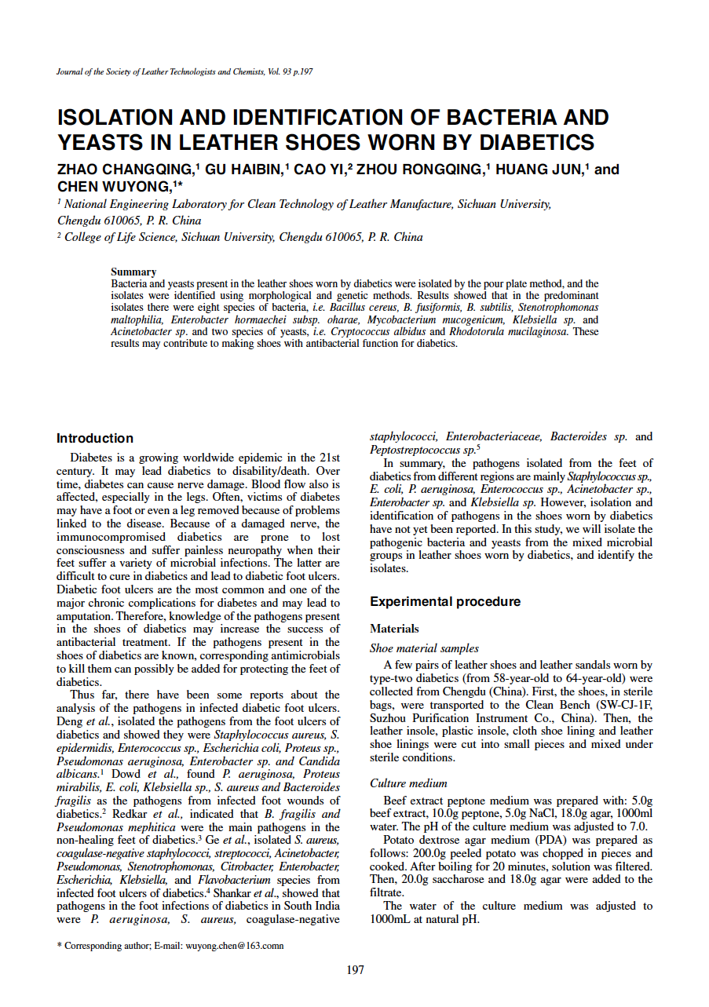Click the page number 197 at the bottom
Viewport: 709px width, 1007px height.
point(355,971)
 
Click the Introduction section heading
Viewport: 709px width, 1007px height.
point(95,439)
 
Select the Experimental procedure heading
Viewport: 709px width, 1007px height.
point(444,602)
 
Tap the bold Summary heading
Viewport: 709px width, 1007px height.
point(133,272)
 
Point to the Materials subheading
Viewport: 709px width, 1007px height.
point(394,629)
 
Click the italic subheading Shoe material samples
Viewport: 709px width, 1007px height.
point(424,649)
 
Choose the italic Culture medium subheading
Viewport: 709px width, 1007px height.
point(408,783)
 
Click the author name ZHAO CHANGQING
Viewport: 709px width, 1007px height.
point(124,170)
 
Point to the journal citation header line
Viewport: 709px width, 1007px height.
point(185,71)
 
